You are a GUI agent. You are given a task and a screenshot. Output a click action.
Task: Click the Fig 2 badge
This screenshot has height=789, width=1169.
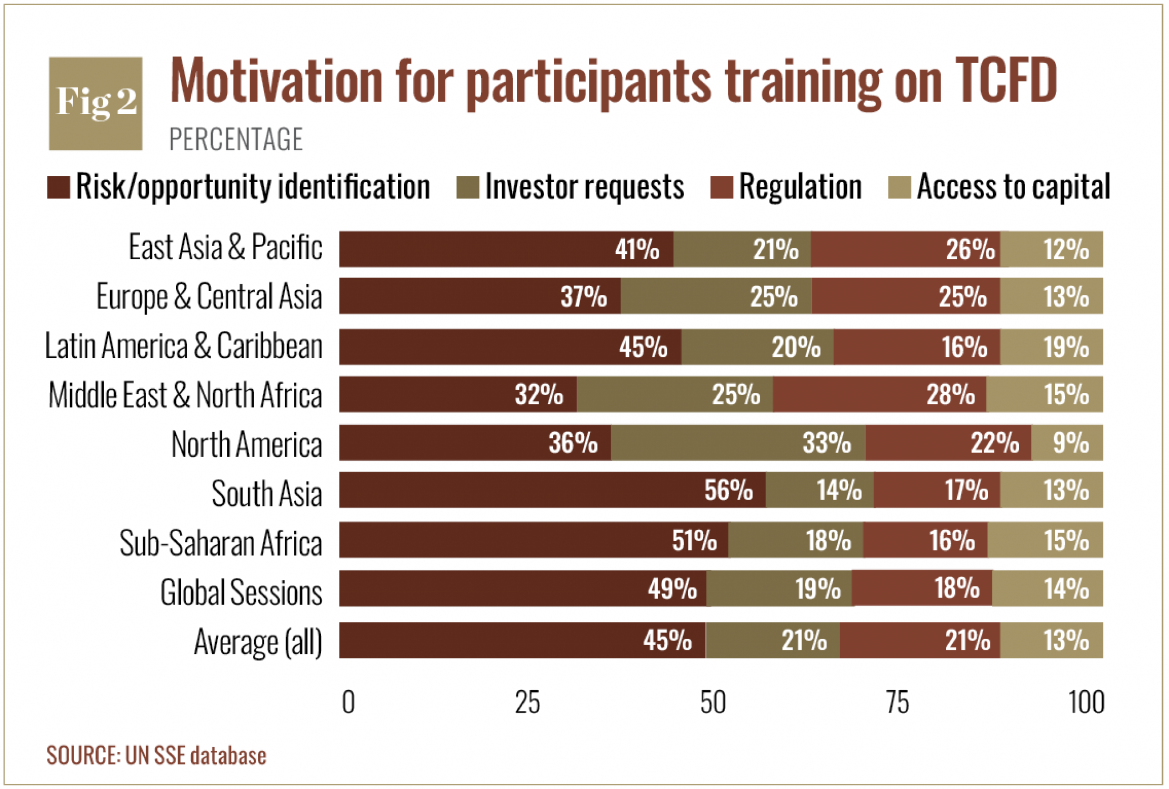click(x=95, y=103)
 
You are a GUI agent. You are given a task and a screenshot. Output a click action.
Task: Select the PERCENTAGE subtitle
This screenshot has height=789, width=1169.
click(x=236, y=139)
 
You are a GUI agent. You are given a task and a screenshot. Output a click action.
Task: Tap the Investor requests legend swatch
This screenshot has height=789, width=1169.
click(x=467, y=187)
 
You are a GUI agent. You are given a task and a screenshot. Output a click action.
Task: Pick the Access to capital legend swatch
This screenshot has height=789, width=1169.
click(x=900, y=187)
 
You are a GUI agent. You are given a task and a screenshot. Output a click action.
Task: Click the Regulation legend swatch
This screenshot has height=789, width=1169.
click(x=721, y=187)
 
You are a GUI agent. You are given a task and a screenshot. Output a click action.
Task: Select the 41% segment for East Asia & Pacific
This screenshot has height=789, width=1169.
click(x=506, y=249)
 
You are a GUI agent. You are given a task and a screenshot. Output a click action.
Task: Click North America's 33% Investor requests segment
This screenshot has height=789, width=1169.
click(x=738, y=442)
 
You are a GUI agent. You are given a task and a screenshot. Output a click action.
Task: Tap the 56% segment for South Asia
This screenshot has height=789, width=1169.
click(x=553, y=490)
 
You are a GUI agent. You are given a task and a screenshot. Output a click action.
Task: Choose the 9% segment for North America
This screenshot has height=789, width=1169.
click(x=1067, y=442)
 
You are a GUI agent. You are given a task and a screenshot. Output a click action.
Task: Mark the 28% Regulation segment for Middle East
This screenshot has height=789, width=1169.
click(x=880, y=394)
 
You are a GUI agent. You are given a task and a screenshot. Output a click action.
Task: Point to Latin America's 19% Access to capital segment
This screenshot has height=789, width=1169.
click(x=1051, y=347)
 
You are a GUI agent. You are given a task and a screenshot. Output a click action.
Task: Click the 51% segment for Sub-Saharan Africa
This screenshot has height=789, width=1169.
click(x=534, y=540)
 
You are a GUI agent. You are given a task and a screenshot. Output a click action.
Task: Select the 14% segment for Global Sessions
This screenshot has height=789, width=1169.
click(x=1047, y=588)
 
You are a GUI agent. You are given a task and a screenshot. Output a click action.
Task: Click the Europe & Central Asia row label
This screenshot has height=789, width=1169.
click(x=209, y=297)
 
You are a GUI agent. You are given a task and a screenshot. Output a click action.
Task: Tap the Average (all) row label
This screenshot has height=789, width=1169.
click(x=258, y=642)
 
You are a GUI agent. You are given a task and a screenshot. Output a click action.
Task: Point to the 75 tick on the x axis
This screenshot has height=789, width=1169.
click(x=897, y=702)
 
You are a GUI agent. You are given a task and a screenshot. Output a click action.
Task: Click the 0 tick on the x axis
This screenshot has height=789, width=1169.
click(x=348, y=702)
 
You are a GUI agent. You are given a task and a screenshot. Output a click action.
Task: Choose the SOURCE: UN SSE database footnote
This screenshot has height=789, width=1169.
click(x=156, y=755)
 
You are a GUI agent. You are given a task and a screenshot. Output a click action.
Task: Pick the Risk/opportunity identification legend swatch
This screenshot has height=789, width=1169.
click(x=58, y=187)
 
